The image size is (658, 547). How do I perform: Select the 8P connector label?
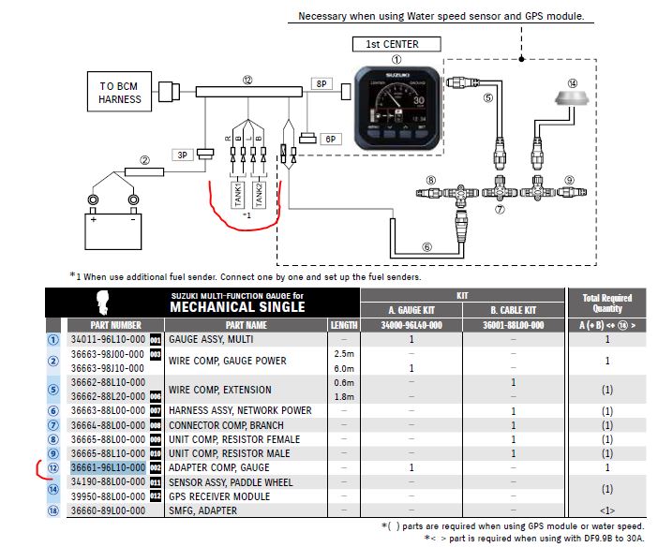tap(322, 84)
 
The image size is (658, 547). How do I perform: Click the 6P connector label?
tap(330, 139)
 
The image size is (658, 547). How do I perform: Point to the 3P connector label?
tap(183, 154)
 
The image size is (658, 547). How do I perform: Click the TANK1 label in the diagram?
tap(237, 195)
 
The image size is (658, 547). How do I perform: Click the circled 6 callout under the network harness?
tap(426, 247)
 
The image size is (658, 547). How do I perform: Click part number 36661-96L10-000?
tap(108, 467)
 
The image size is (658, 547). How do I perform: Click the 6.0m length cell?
tap(343, 368)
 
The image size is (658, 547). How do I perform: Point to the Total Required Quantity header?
tap(607, 303)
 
